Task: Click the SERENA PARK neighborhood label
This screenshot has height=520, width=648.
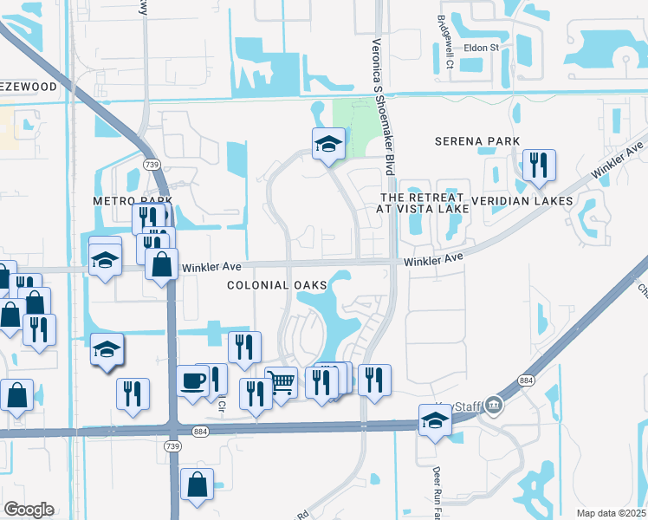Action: tap(476, 141)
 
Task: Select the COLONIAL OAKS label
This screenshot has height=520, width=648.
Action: tap(277, 284)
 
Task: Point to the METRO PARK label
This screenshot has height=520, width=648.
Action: tap(128, 201)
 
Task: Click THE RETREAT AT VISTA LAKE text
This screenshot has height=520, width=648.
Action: tap(424, 203)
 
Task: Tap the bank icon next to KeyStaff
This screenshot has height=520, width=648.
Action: tap(494, 404)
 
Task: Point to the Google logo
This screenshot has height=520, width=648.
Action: tap(29, 510)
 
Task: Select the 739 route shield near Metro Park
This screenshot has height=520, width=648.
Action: tap(152, 164)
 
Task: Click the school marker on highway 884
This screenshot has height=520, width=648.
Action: tap(435, 420)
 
